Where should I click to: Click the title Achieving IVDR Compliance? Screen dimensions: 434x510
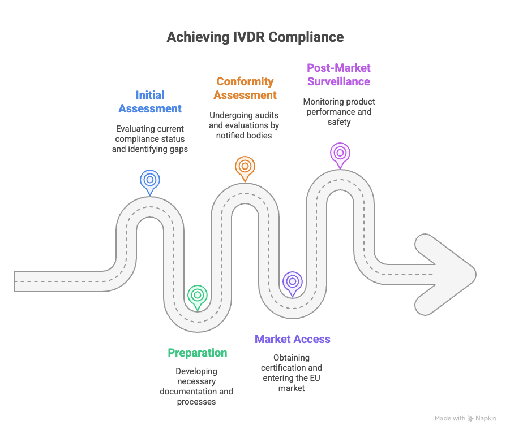[x=255, y=37]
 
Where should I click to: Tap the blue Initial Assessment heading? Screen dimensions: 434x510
[x=150, y=102]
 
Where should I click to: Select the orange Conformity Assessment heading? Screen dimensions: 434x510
[x=245, y=88]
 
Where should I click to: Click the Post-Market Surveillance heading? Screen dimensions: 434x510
[x=338, y=75]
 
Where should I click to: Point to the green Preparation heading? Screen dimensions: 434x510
[x=197, y=353]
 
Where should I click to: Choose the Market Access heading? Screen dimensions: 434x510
[x=293, y=339]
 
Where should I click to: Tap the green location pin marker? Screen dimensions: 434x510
[x=197, y=296]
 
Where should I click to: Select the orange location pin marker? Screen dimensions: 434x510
[x=245, y=167]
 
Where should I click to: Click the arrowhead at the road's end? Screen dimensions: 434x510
[x=447, y=274]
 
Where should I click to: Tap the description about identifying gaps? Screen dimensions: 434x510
[x=150, y=139]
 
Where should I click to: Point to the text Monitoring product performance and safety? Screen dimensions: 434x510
[x=338, y=111]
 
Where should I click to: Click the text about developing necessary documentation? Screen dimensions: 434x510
[x=196, y=387]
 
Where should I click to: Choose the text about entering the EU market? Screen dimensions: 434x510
[x=292, y=373]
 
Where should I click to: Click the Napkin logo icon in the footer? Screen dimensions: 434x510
[x=471, y=419]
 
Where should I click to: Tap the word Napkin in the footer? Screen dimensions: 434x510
[x=486, y=419]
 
